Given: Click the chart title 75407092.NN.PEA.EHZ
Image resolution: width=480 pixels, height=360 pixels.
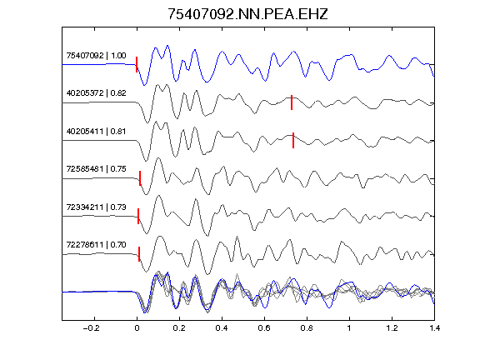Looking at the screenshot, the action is [x=247, y=14].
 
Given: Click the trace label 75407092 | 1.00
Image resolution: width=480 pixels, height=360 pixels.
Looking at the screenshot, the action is [x=96, y=55].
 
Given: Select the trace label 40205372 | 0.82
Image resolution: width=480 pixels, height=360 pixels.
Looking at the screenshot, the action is [x=96, y=93].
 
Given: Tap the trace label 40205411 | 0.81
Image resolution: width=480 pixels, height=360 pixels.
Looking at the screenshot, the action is [x=96, y=132].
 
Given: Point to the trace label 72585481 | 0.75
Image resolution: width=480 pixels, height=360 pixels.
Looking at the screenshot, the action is [x=96, y=169].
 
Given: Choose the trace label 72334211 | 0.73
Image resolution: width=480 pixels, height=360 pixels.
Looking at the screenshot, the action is [x=96, y=207].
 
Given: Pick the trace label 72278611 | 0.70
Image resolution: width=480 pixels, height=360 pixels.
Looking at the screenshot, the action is [x=96, y=245].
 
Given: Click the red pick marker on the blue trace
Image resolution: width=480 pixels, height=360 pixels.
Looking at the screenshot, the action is [x=137, y=64].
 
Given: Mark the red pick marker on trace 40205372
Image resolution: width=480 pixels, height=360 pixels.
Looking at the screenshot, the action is [x=292, y=102].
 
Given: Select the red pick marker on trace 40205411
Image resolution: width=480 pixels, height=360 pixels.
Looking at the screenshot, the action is [x=293, y=140].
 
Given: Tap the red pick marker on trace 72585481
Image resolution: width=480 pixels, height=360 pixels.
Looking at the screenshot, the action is [x=140, y=178].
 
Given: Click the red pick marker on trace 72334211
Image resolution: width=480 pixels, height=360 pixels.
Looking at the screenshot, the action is [x=138, y=216].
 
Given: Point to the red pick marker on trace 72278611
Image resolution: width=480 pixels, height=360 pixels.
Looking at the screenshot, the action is [x=139, y=254].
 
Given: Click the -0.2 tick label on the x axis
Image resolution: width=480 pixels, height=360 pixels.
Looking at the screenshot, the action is [x=91, y=328].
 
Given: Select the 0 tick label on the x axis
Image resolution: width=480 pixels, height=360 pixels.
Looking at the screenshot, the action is [x=137, y=328].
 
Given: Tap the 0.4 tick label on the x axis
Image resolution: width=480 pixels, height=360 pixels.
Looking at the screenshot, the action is [x=222, y=328].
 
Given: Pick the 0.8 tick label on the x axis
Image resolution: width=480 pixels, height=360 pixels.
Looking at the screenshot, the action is [x=307, y=328].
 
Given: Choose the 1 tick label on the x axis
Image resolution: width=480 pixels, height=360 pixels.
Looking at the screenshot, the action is [x=349, y=328].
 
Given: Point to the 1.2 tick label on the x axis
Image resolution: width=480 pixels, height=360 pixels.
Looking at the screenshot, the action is [x=392, y=328].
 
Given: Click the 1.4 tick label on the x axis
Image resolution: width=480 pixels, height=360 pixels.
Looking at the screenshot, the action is [x=434, y=328].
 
